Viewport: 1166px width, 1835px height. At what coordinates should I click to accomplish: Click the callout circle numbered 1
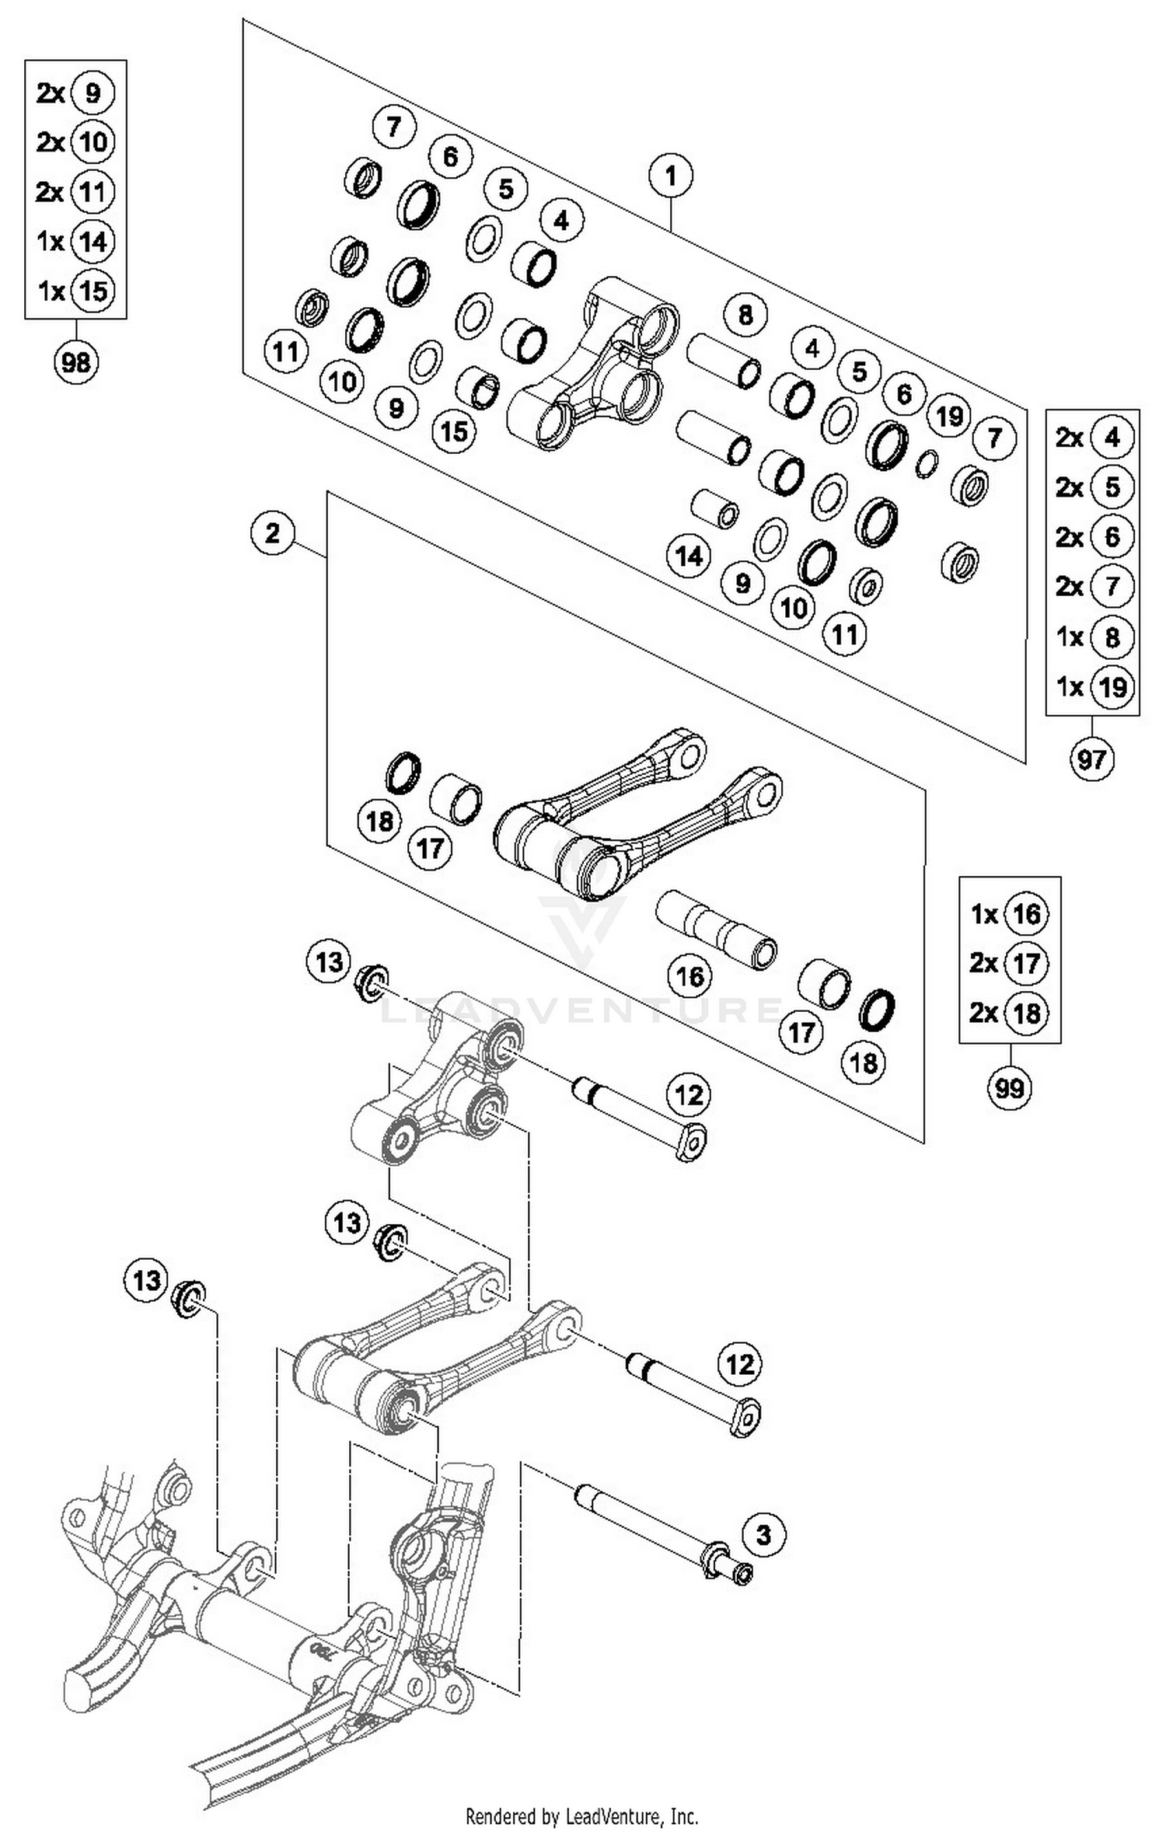click(671, 176)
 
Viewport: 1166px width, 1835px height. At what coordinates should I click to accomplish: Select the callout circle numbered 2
click(272, 533)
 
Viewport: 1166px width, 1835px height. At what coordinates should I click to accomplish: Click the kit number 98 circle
click(75, 361)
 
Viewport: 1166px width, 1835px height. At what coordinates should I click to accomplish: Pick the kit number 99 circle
click(1009, 1087)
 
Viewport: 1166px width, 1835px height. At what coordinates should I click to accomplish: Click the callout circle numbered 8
click(745, 316)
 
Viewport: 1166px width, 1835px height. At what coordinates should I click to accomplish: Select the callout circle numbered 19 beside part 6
click(949, 417)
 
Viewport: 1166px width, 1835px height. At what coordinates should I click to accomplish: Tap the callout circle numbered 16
click(690, 976)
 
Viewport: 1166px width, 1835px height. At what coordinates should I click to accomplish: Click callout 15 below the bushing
click(454, 431)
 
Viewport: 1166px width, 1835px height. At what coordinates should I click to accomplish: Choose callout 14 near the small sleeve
click(689, 556)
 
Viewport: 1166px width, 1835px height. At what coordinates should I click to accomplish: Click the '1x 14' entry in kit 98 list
click(76, 241)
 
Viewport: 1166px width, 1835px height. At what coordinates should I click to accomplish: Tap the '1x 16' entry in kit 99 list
click(1009, 914)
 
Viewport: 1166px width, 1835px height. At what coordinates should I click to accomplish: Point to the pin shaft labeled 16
click(715, 929)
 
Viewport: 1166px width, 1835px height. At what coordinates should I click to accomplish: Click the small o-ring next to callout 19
click(926, 464)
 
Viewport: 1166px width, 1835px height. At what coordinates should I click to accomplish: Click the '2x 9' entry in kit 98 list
click(76, 93)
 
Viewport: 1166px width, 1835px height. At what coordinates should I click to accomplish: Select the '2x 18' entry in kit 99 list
click(1009, 1013)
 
